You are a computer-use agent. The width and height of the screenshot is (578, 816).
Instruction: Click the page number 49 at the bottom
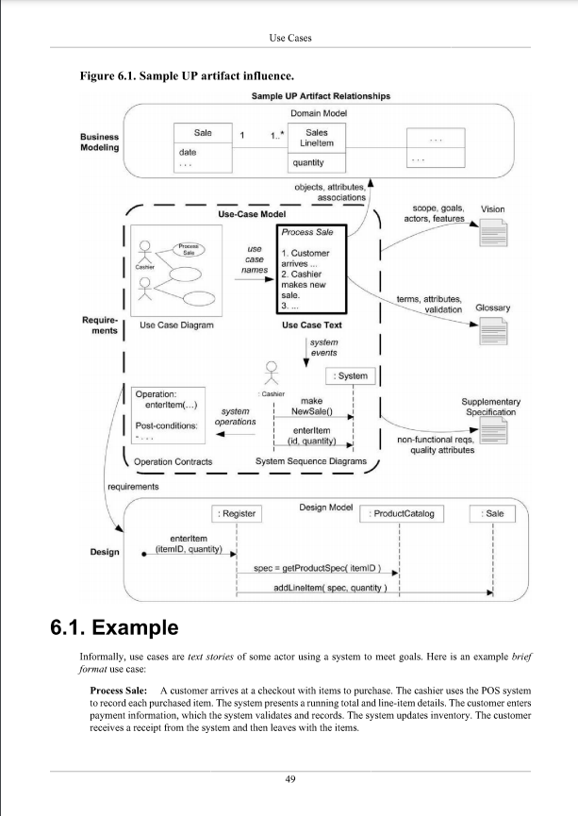coord(289,778)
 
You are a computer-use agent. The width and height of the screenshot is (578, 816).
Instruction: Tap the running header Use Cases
coord(289,38)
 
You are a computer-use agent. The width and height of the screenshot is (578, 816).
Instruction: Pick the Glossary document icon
coord(493,331)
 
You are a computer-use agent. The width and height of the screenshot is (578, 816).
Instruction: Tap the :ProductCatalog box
coord(402,513)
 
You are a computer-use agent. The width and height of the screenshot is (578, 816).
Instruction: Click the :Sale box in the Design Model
coord(492,513)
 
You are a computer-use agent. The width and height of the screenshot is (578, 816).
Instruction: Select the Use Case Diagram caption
coord(175,325)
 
